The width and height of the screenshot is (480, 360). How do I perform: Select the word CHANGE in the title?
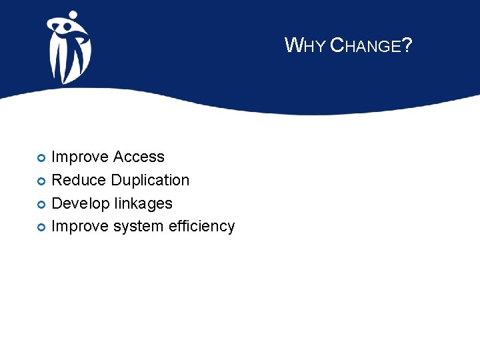tap(366, 45)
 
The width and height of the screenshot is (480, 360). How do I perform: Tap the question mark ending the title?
tap(407, 45)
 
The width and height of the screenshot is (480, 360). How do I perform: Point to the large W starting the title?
tap(292, 45)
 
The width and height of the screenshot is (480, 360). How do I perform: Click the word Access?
tap(139, 157)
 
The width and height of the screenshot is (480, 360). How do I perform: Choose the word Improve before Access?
tap(80, 157)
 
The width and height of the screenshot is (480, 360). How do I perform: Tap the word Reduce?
tap(79, 180)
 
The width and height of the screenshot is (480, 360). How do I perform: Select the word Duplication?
tap(150, 181)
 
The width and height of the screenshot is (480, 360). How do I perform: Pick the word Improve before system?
tap(80, 227)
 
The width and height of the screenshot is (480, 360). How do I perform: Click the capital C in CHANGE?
tap(337, 45)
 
